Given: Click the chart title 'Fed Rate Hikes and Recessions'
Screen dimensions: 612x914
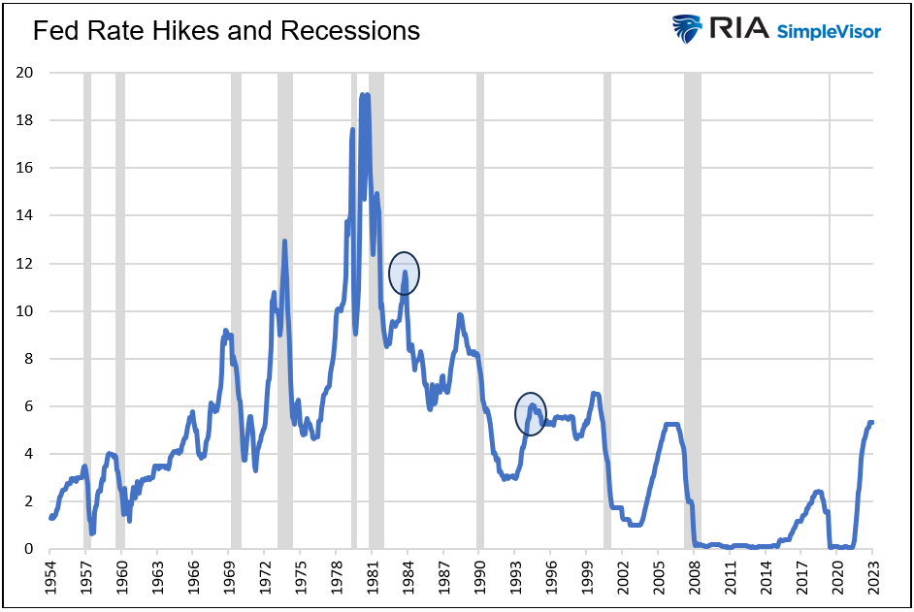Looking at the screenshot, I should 226,31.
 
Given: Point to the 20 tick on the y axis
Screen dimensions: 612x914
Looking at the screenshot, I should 26,73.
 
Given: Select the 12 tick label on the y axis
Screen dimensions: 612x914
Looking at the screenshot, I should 26,264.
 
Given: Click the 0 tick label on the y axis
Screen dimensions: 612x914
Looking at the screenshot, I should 30,549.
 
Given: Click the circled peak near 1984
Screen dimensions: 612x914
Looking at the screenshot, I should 405,274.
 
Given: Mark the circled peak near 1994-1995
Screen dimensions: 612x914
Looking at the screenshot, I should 531,413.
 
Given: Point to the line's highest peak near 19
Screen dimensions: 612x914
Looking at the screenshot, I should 363,95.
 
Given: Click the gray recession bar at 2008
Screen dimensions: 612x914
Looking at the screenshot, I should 692,310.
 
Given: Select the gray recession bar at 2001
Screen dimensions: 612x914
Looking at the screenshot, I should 607,310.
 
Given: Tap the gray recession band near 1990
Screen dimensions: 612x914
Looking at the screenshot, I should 479,310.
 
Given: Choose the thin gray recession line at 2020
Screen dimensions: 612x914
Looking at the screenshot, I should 831,310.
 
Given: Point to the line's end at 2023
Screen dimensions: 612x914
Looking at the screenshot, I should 871,423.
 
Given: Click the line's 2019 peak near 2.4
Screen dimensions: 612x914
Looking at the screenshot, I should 818,492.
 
